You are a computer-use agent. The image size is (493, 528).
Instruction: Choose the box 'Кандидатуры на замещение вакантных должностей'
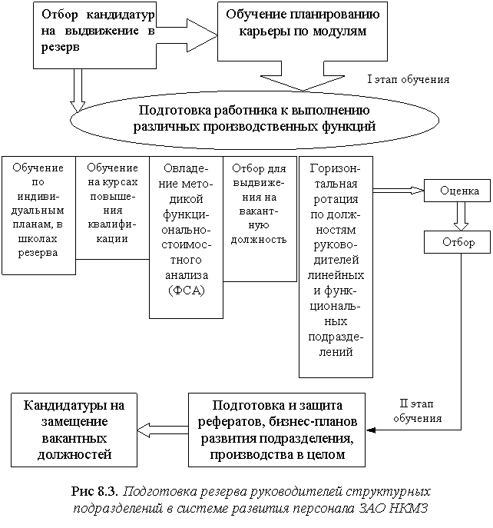pos(74,430)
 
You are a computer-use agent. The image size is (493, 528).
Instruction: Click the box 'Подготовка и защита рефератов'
pos(277,430)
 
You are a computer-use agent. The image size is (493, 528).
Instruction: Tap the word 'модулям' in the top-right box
pos(343,32)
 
